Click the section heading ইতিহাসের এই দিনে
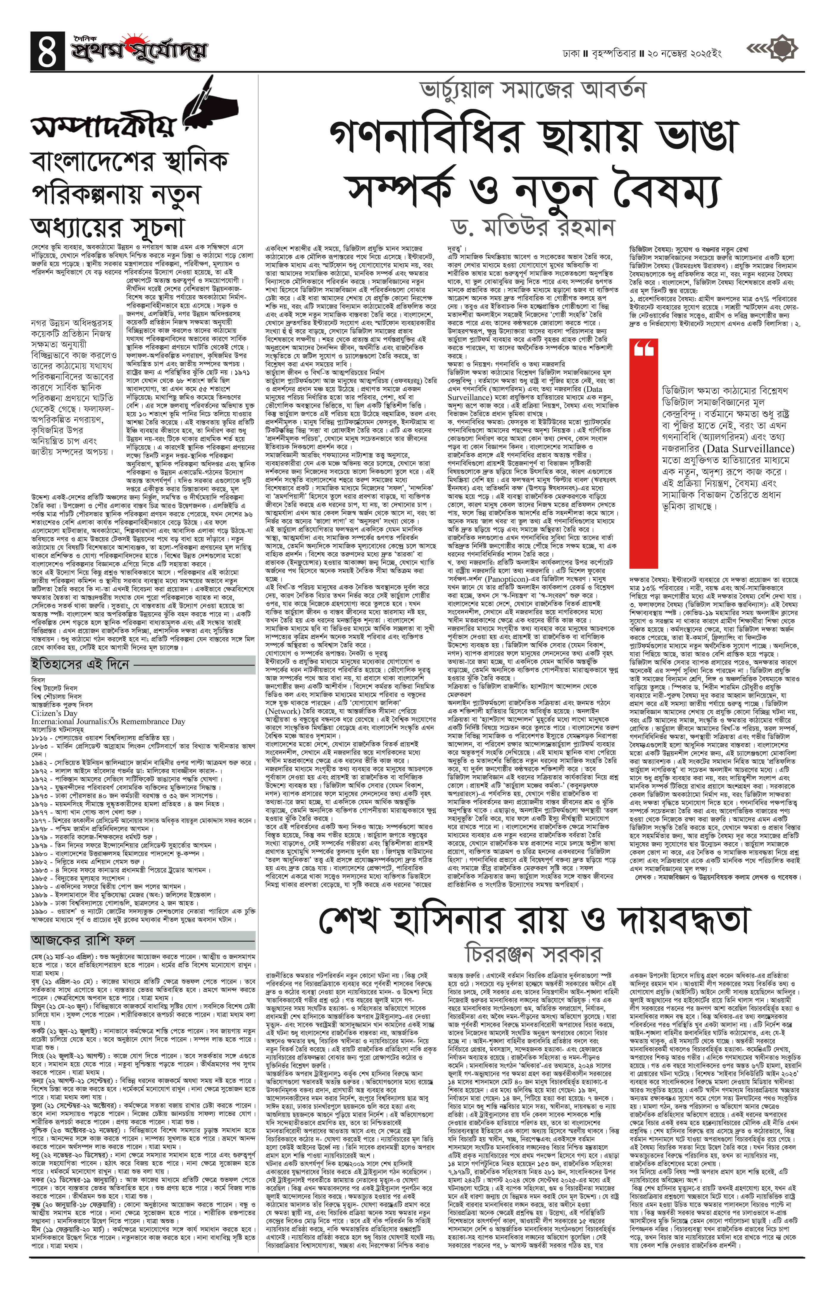pyautogui.click(x=80, y=664)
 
